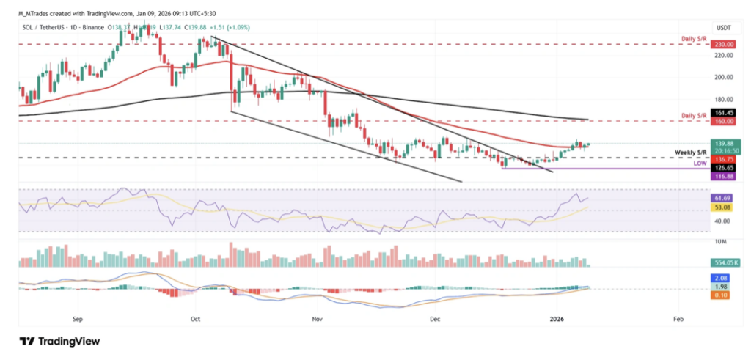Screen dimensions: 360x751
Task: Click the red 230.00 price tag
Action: point(726,44)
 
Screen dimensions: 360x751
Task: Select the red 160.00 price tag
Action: point(726,122)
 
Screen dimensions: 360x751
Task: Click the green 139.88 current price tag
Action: point(726,144)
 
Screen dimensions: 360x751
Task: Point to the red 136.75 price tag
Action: point(726,158)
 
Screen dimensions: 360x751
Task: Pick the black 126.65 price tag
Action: point(726,167)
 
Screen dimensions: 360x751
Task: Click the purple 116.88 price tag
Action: point(726,177)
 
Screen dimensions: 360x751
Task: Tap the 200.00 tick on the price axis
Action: point(725,77)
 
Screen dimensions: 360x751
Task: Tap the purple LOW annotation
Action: point(701,165)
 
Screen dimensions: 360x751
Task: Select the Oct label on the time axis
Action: point(195,320)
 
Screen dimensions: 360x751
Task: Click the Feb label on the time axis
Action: point(678,320)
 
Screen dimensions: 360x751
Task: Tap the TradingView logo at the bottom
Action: point(59,341)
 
